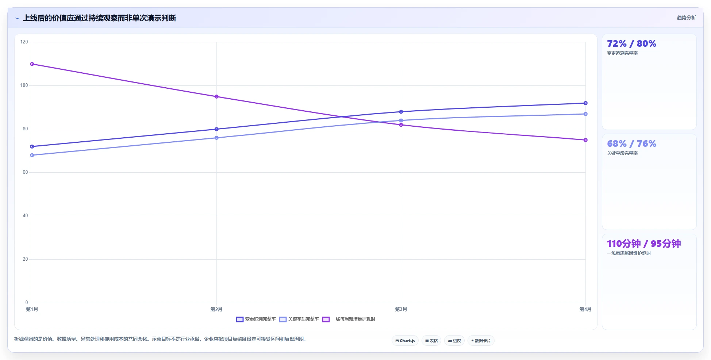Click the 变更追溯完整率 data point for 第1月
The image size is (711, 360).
tap(32, 146)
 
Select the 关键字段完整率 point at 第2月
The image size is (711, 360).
tap(216, 138)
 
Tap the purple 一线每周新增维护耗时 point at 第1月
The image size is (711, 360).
tap(32, 64)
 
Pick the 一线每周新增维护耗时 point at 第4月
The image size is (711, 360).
tap(585, 140)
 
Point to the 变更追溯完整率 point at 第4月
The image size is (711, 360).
tap(585, 103)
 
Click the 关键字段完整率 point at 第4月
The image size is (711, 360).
tap(585, 114)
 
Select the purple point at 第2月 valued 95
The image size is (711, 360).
tap(216, 97)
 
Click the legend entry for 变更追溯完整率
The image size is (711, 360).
tap(256, 319)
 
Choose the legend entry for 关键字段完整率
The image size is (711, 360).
tap(299, 319)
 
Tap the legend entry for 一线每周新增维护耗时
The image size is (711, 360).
tap(349, 319)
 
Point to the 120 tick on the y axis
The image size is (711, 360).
tap(24, 42)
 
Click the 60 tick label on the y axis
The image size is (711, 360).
tap(25, 172)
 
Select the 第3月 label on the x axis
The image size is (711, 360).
tap(401, 309)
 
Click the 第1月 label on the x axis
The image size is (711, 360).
tap(32, 309)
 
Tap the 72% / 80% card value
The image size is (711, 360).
tap(631, 43)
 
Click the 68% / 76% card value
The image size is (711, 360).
tap(631, 143)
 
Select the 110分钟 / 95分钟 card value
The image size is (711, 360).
tap(644, 244)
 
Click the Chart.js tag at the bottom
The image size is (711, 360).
tap(405, 341)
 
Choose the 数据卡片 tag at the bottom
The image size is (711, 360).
tap(481, 341)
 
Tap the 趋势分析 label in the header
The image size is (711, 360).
tap(686, 18)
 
